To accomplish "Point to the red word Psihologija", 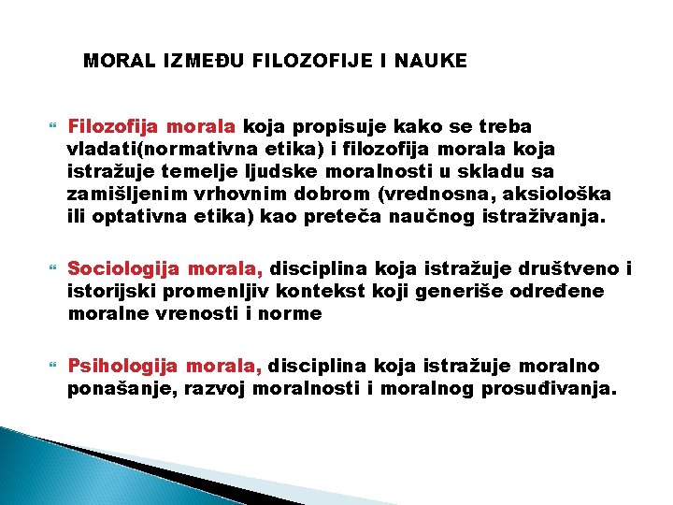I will click(118, 366).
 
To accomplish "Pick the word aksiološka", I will click(561, 195).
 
